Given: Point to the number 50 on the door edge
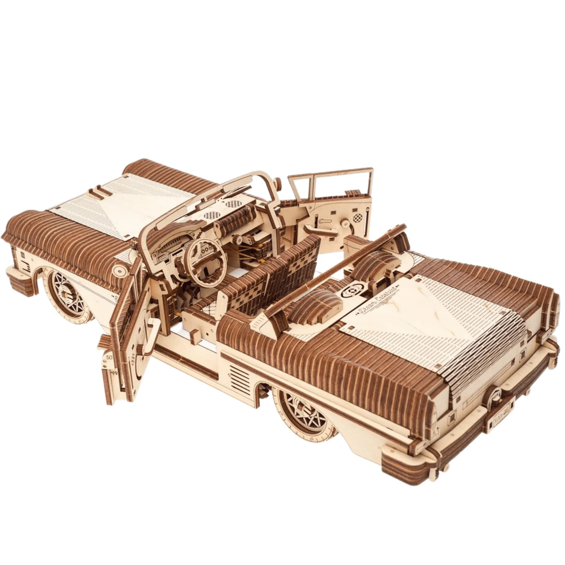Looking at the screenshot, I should (110, 357).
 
